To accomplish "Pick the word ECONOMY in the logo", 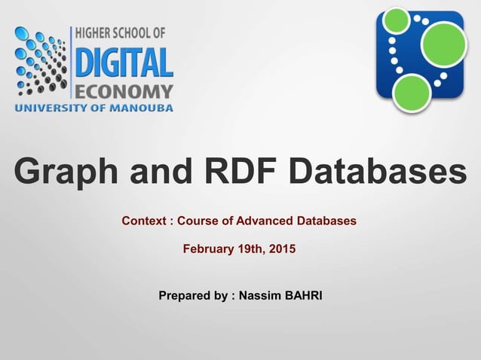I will [x=125, y=92].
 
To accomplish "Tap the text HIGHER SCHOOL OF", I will [x=122, y=34].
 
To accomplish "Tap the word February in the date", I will [x=209, y=248].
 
